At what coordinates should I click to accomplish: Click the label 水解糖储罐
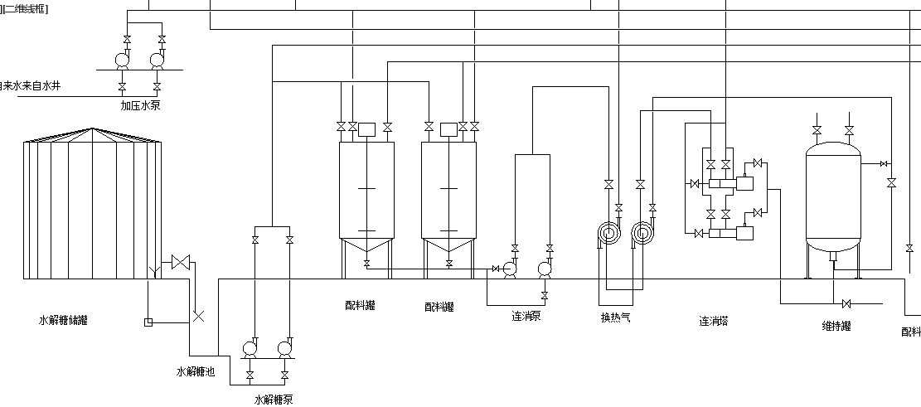click(63, 320)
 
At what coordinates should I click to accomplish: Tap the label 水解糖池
click(196, 372)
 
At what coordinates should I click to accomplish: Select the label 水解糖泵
click(274, 400)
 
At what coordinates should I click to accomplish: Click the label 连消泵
click(526, 316)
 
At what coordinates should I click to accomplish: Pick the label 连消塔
click(713, 320)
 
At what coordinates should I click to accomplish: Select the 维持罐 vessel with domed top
click(833, 199)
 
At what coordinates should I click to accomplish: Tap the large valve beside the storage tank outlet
click(179, 263)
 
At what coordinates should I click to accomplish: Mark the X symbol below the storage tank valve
click(198, 315)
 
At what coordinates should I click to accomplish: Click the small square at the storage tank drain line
click(148, 322)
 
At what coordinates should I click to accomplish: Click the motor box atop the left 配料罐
click(367, 128)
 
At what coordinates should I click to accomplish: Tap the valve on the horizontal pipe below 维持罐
click(846, 303)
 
